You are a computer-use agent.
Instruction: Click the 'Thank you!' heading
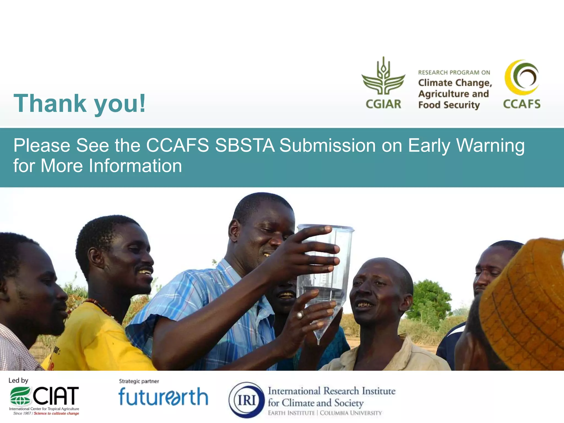click(x=79, y=104)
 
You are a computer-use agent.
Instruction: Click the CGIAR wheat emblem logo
click(x=383, y=76)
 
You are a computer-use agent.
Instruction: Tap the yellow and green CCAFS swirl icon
click(x=522, y=77)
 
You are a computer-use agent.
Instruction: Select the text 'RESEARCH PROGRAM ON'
click(x=454, y=72)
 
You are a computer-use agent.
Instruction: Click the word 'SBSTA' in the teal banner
click(x=245, y=145)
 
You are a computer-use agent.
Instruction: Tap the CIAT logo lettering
click(x=56, y=396)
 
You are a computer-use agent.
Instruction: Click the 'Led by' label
click(x=18, y=381)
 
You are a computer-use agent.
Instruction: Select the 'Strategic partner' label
click(x=139, y=381)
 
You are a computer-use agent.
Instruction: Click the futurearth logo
click(x=163, y=397)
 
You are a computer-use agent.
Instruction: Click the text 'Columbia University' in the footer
click(x=351, y=413)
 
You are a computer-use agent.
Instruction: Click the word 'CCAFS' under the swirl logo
click(x=522, y=104)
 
